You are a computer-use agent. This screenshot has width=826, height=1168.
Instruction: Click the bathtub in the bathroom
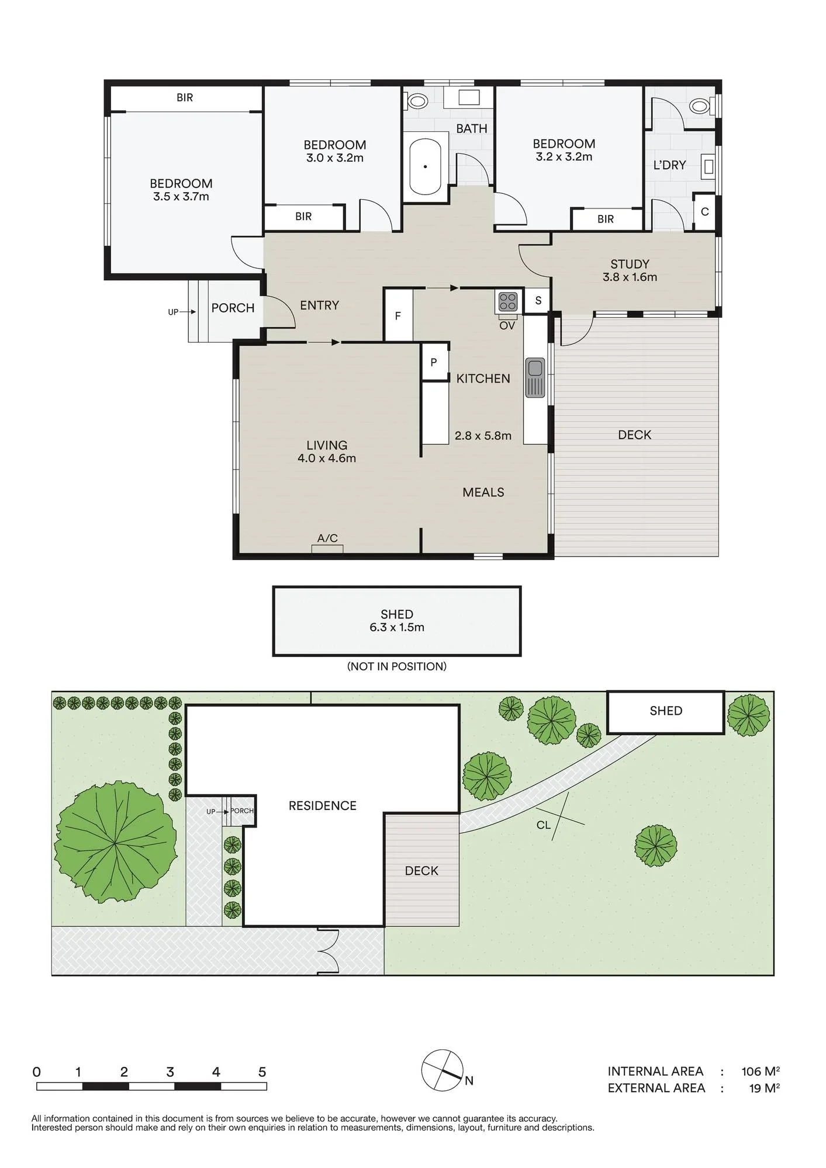(x=425, y=166)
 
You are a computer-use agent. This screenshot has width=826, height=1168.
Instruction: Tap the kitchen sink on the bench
(x=535, y=377)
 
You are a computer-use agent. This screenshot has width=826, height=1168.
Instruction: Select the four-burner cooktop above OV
(x=508, y=302)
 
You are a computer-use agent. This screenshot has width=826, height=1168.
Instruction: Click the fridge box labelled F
(x=398, y=315)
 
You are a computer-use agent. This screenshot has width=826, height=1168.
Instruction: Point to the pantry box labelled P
(x=434, y=362)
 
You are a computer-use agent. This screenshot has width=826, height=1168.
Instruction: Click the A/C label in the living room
(x=327, y=538)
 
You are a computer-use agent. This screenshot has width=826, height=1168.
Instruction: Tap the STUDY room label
(x=630, y=264)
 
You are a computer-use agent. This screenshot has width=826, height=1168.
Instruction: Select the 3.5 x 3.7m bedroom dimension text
(x=181, y=197)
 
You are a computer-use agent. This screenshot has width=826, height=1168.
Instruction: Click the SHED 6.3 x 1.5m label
(x=397, y=621)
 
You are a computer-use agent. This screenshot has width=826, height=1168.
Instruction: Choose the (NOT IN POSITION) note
(x=397, y=666)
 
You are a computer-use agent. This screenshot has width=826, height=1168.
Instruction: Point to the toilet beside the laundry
(x=700, y=106)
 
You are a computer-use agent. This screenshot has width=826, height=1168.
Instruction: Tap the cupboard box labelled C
(x=704, y=211)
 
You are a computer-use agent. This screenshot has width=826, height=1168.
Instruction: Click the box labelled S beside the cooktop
(x=538, y=301)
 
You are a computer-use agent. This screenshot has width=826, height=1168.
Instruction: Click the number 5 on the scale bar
(x=262, y=1072)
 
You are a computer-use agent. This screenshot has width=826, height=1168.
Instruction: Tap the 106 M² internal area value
(x=761, y=1071)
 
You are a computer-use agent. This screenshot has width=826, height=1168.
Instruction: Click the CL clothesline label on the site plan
(x=544, y=825)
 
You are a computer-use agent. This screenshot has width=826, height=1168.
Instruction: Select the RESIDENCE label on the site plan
(x=323, y=806)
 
